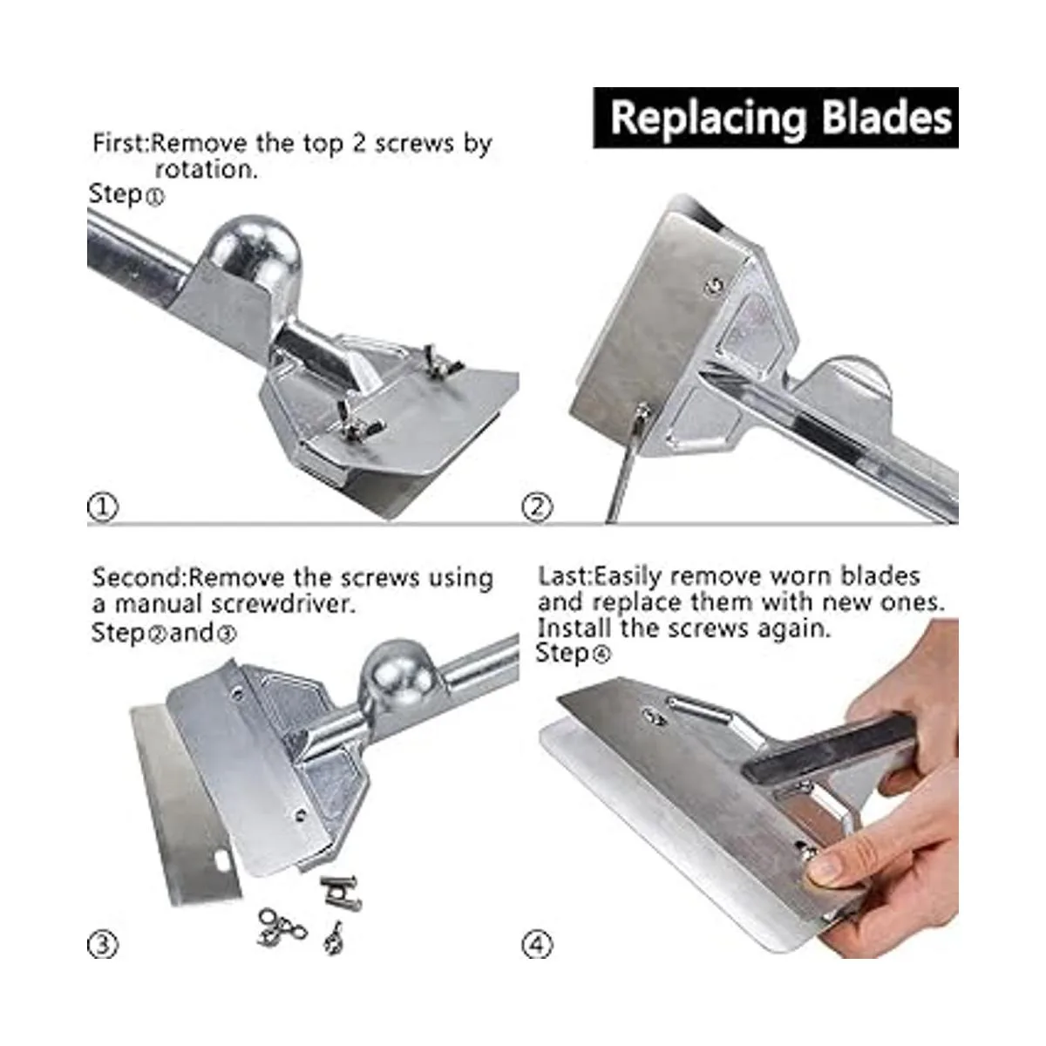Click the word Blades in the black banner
click(x=886, y=117)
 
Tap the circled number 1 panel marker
click(x=102, y=507)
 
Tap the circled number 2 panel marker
click(x=538, y=507)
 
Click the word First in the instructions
click(x=119, y=144)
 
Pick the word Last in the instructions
click(x=562, y=576)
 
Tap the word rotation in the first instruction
click(x=206, y=170)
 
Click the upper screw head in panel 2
click(x=716, y=284)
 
